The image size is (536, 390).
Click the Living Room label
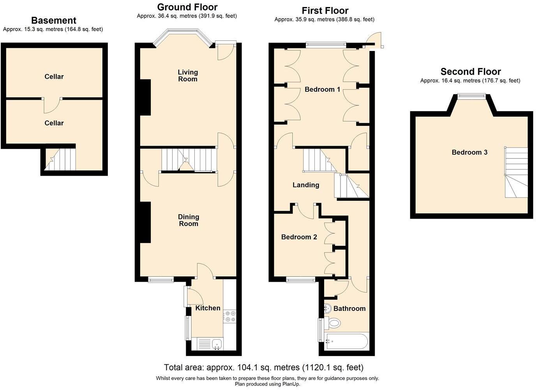click(x=187, y=76)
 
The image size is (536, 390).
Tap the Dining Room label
click(x=188, y=220)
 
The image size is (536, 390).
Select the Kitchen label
click(x=208, y=308)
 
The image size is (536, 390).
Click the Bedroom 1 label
click(x=322, y=90)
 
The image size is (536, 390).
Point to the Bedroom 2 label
click(x=299, y=237)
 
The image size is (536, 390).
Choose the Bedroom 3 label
click(x=469, y=152)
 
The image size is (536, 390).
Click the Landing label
click(x=306, y=185)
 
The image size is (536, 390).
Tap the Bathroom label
click(x=349, y=309)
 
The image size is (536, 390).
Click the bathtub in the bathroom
click(x=346, y=342)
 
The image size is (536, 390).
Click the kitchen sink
click(x=217, y=344)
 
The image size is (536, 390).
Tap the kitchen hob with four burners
click(x=230, y=316)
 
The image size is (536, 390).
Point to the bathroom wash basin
click(x=327, y=308)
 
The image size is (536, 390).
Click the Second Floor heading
click(x=471, y=72)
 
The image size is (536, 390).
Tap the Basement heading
click(x=54, y=21)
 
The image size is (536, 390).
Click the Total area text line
click(x=264, y=367)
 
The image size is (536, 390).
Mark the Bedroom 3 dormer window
click(x=471, y=95)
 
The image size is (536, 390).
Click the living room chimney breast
click(x=145, y=97)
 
